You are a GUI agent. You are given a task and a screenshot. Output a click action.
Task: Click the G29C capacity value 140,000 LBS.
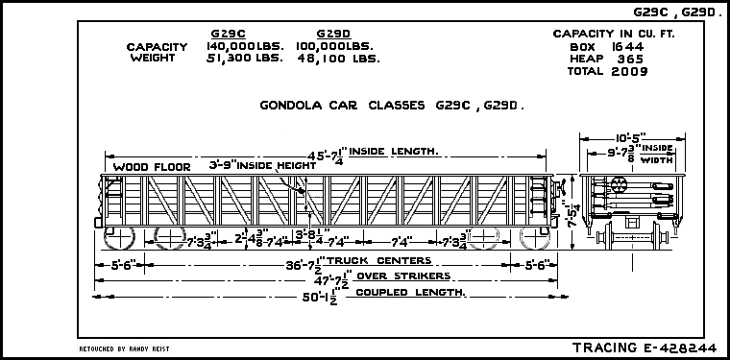244,46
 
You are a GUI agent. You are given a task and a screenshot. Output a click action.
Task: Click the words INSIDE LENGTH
394,151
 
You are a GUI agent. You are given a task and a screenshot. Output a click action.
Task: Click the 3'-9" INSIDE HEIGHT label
263,165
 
